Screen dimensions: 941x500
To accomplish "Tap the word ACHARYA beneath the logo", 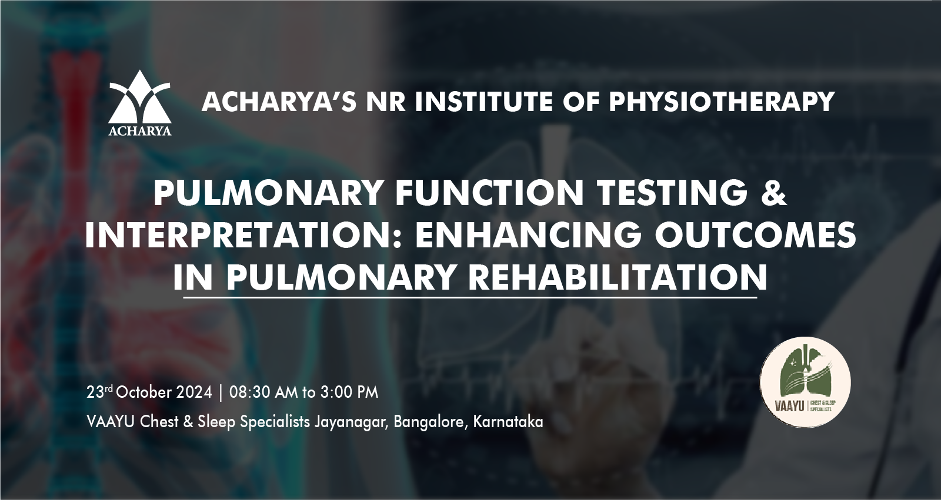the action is pyautogui.click(x=140, y=131).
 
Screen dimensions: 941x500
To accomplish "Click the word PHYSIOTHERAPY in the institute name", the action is pyautogui.click(x=722, y=102).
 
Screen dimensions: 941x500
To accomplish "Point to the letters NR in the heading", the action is pyautogui.click(x=386, y=102).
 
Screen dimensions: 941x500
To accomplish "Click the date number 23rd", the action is pyautogui.click(x=100, y=392).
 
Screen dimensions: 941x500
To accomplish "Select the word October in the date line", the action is pyautogui.click(x=144, y=392).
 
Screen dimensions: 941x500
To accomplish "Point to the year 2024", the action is pyautogui.click(x=193, y=392).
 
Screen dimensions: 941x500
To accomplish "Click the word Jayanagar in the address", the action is pyautogui.click(x=352, y=422).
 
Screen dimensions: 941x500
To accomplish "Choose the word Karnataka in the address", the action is pyautogui.click(x=508, y=421).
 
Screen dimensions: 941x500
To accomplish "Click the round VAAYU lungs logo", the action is pyautogui.click(x=805, y=382).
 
